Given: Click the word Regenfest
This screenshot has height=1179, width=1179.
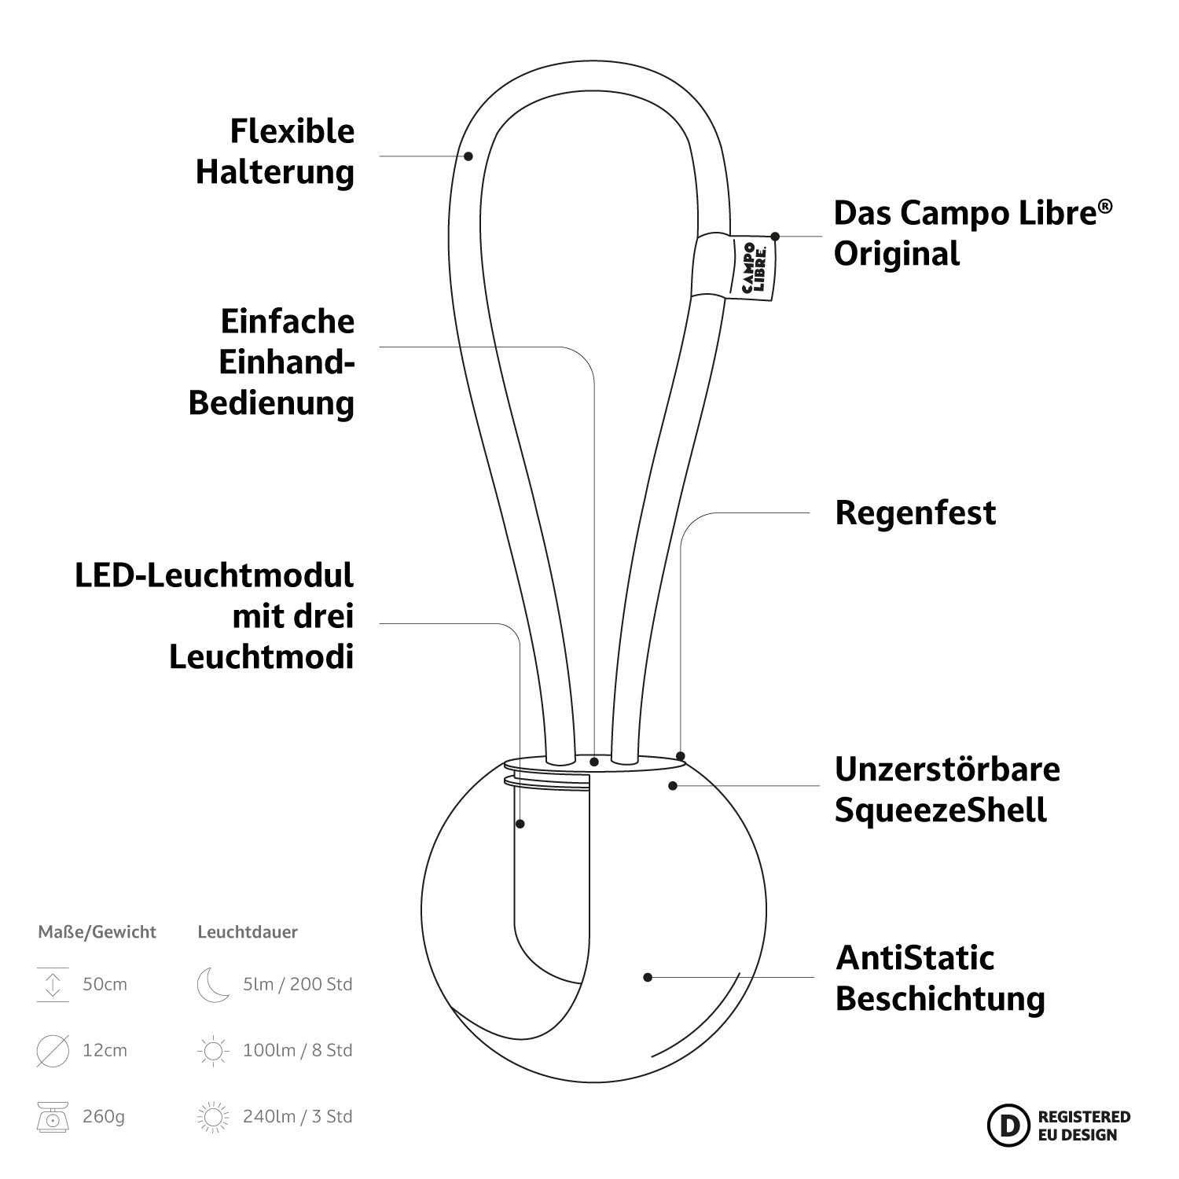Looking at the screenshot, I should pyautogui.click(x=915, y=513).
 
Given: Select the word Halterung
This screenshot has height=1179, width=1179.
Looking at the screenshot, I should pyautogui.click(x=275, y=172).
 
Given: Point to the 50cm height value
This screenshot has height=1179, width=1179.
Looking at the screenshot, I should pyautogui.click(x=105, y=984).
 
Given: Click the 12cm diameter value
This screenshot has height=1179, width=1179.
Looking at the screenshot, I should pyautogui.click(x=105, y=1050).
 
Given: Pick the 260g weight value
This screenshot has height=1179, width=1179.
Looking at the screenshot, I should pyautogui.click(x=104, y=1116).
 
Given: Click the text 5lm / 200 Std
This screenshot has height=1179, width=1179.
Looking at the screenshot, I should pyautogui.click(x=297, y=984).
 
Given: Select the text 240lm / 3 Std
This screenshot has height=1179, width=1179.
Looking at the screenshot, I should pyautogui.click(x=297, y=1116).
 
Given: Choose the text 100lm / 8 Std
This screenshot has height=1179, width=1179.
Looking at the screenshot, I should pyautogui.click(x=297, y=1050).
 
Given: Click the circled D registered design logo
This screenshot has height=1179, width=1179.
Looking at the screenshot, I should pyautogui.click(x=1008, y=1125).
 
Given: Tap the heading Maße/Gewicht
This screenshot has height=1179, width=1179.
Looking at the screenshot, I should pyautogui.click(x=97, y=932).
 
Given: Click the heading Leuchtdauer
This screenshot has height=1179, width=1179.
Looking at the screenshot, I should pyautogui.click(x=248, y=932).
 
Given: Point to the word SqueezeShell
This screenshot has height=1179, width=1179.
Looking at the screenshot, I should pyautogui.click(x=940, y=810).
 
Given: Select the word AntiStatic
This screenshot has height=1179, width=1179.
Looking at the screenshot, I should pyautogui.click(x=915, y=958).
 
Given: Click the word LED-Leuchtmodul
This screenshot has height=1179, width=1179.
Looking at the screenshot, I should pyautogui.click(x=215, y=575).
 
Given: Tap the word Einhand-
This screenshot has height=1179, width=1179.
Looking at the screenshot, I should pyautogui.click(x=286, y=362).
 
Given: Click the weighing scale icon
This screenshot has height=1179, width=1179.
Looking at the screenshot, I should pyautogui.click(x=53, y=1116).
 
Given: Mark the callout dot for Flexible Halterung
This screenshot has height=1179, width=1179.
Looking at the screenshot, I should pyautogui.click(x=468, y=156).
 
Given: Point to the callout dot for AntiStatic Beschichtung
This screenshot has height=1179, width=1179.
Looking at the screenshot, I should pyautogui.click(x=648, y=977).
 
